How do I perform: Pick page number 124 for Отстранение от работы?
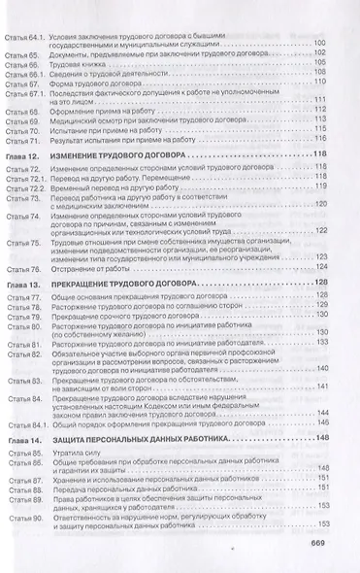pyautogui.click(x=321, y=266)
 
